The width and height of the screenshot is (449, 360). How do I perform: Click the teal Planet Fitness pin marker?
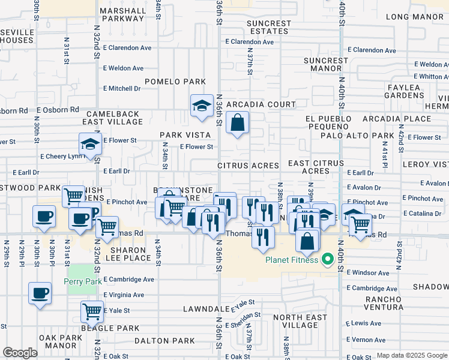(x=328, y=260)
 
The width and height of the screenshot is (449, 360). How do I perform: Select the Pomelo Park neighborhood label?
(x=175, y=82)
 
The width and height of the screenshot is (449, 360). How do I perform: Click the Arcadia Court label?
(x=261, y=104)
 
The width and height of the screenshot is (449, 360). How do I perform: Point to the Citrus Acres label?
(x=248, y=165)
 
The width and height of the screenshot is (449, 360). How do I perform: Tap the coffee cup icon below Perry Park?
(x=40, y=294)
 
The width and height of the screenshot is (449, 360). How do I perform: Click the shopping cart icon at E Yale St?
(x=92, y=311)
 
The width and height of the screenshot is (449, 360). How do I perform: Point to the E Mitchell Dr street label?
(x=124, y=88)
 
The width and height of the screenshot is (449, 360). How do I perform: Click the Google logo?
(x=20, y=353)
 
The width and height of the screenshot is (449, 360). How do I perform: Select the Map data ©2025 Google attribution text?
(x=412, y=355)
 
